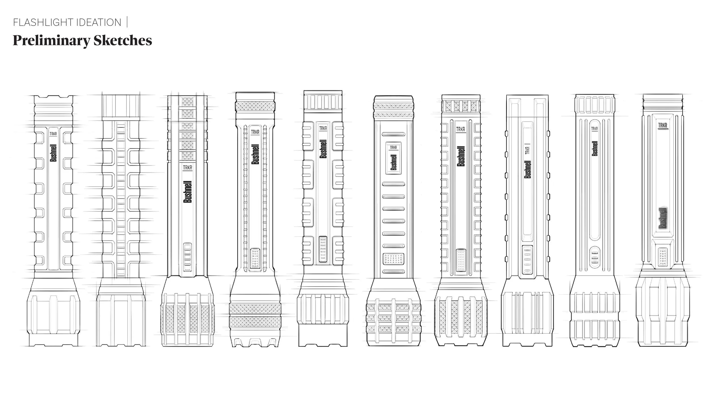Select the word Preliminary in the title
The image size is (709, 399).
51,41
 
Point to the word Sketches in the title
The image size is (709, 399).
123,41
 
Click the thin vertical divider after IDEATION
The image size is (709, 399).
127,22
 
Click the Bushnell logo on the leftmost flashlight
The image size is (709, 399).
53,153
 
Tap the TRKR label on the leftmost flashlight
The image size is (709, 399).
53,134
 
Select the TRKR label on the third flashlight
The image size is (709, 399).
187,167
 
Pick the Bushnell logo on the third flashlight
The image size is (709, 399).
187,192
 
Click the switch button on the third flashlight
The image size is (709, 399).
187,257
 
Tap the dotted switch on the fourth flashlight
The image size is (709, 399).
255,259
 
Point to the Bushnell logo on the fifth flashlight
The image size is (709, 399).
323,149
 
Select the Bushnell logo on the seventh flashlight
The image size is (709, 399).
461,156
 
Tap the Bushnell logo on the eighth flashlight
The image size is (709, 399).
528,169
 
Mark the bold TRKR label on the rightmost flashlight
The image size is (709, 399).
662,125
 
